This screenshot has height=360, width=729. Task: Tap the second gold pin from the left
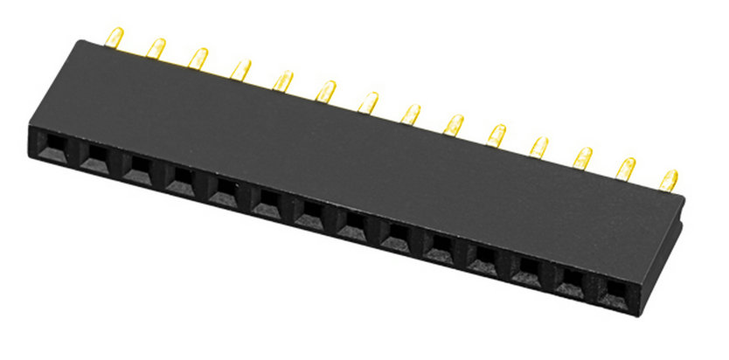(156, 48)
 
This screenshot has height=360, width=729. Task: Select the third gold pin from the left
(198, 59)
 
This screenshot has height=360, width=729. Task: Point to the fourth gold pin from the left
(240, 69)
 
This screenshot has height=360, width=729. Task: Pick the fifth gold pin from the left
(283, 80)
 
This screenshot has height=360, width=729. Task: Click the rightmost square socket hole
(615, 289)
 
